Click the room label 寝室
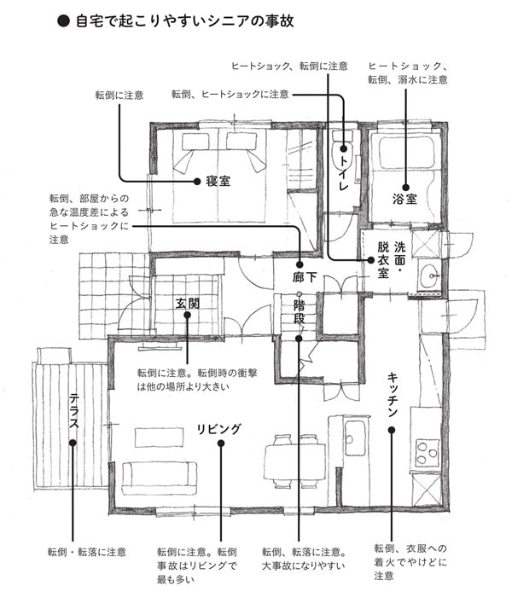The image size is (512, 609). (218, 182)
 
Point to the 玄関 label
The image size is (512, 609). (187, 303)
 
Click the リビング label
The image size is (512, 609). (219, 428)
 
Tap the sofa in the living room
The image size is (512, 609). (159, 478)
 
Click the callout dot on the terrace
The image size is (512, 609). (73, 443)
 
